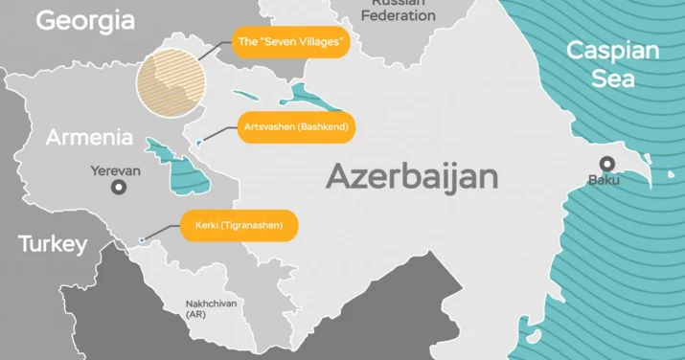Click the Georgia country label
[x=85, y=20]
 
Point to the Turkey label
[x=53, y=244]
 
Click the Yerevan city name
[x=116, y=169]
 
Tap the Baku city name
[x=605, y=179]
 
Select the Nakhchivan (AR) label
[x=211, y=308]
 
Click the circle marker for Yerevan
[x=119, y=188]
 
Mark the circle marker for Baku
[x=606, y=163]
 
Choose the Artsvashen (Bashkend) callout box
[x=297, y=126]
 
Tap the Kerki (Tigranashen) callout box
[x=239, y=227]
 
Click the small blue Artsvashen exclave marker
[x=197, y=143]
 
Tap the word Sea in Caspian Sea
[x=612, y=79]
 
